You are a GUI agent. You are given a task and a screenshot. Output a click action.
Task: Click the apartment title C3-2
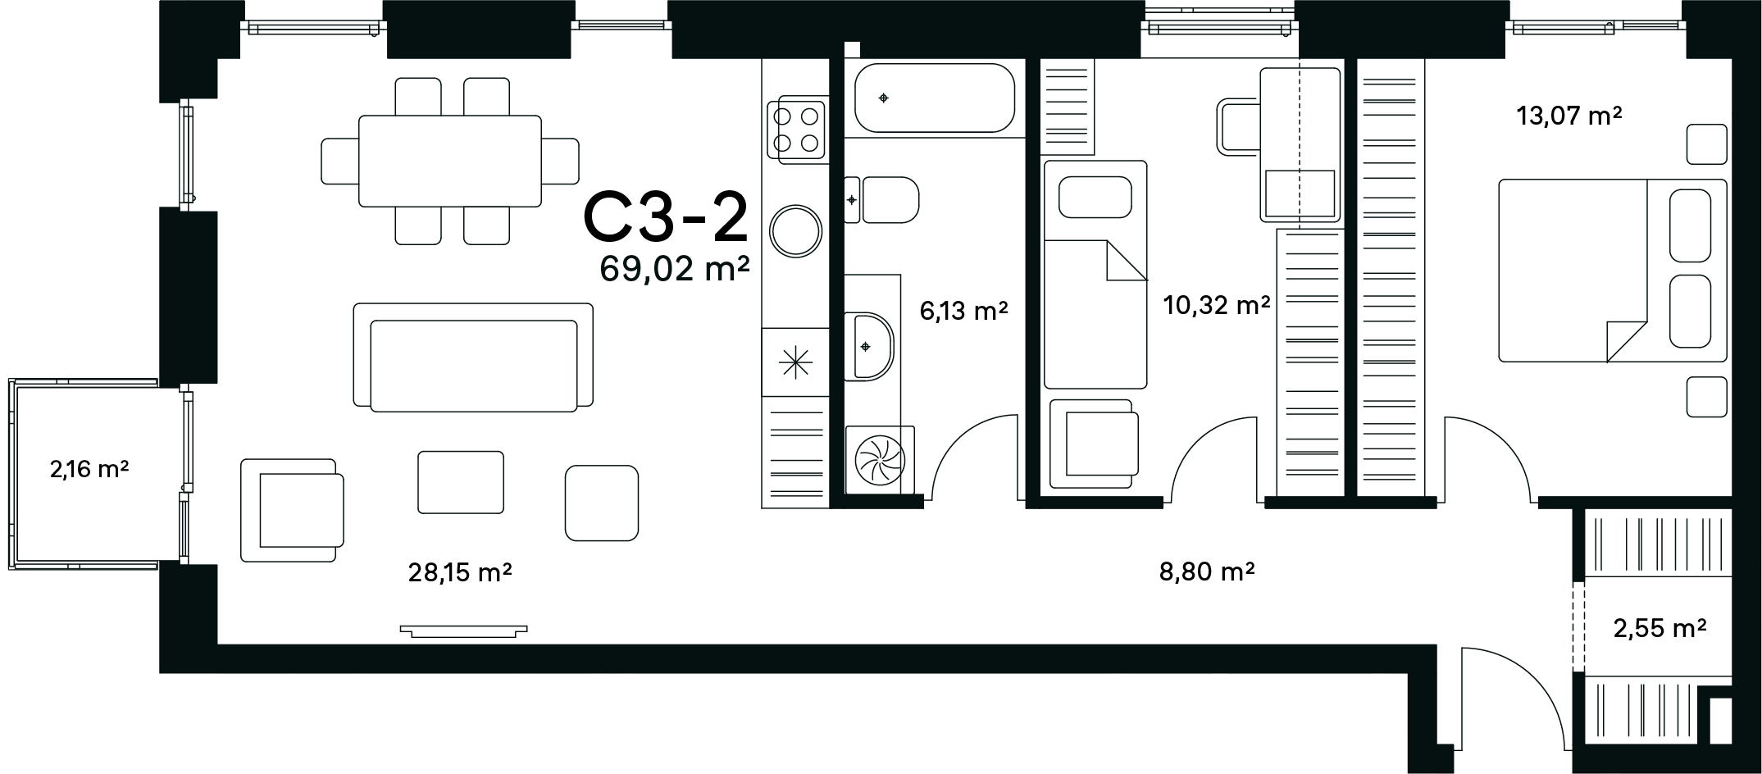[666, 217]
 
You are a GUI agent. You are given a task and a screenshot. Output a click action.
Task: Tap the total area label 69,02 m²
[676, 269]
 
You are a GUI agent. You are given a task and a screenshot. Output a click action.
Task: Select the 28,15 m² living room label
[460, 572]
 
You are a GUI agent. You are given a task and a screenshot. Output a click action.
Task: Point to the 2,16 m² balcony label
[89, 470]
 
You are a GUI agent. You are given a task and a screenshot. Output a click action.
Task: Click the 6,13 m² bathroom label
[963, 311]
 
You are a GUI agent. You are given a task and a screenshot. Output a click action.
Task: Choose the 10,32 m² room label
[1217, 306]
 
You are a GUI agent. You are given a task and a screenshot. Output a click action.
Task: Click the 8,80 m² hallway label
[1207, 571]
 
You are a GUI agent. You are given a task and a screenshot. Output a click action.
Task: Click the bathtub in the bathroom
[935, 98]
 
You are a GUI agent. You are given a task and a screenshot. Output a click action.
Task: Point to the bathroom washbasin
[869, 346]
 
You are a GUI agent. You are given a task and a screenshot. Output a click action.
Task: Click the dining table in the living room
[450, 161]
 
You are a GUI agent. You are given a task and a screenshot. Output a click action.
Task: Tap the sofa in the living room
[473, 357]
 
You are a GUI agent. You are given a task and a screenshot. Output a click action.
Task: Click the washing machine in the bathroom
[880, 460]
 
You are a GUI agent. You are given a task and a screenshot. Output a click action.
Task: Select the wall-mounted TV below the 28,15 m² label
[464, 631]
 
